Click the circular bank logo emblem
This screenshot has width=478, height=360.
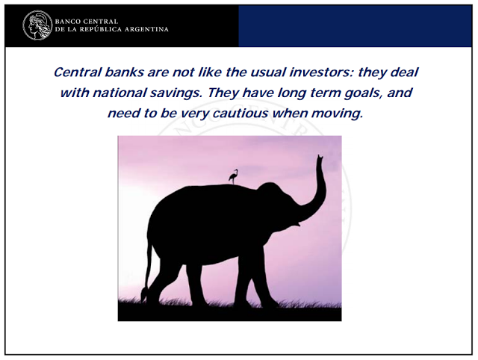point(37,25)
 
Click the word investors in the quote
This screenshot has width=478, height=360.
point(321,72)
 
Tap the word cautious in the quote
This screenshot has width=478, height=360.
point(240,114)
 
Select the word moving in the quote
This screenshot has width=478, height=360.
point(337,114)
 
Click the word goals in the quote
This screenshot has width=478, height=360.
point(363,93)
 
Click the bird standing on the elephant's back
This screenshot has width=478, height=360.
point(233,177)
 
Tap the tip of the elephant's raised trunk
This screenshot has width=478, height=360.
point(320,156)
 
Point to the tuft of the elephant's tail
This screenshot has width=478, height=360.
point(144,294)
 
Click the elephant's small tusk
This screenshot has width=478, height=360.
point(297,225)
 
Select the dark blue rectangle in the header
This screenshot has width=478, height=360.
point(356,26)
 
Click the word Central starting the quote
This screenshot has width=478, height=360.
point(78,72)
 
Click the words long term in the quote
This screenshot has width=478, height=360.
point(308,93)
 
